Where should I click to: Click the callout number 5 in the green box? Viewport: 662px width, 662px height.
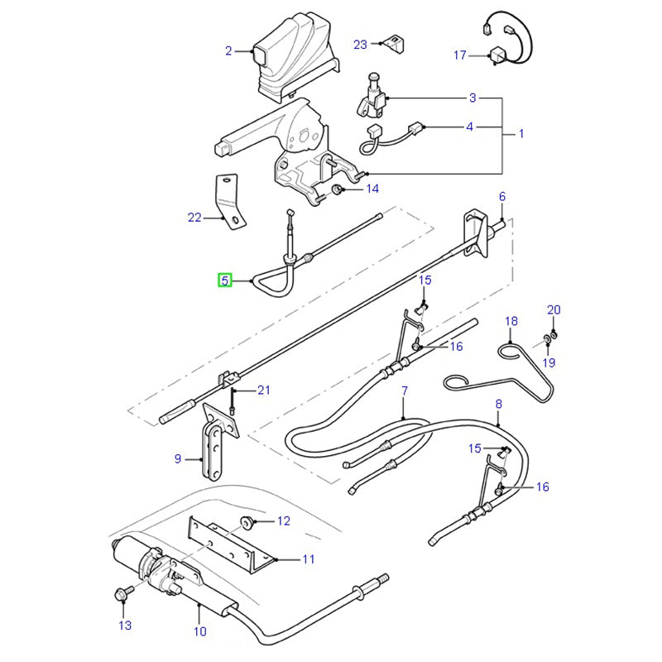pyautogui.click(x=224, y=281)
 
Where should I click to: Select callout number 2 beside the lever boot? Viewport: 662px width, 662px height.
pyautogui.click(x=228, y=51)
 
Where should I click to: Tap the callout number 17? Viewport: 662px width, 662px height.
pyautogui.click(x=460, y=55)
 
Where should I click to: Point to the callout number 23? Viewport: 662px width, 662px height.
pyautogui.click(x=360, y=44)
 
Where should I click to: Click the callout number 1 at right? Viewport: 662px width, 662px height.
pyautogui.click(x=520, y=133)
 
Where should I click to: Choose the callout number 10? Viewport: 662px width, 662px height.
pyautogui.click(x=199, y=632)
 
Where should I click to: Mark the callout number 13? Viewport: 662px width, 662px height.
pyautogui.click(x=125, y=626)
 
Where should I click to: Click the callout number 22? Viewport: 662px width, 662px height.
pyautogui.click(x=194, y=218)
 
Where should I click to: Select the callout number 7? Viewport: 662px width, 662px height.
pyautogui.click(x=404, y=391)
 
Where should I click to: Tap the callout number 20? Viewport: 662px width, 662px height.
pyautogui.click(x=554, y=310)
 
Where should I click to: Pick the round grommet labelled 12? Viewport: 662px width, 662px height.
pyautogui.click(x=247, y=521)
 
